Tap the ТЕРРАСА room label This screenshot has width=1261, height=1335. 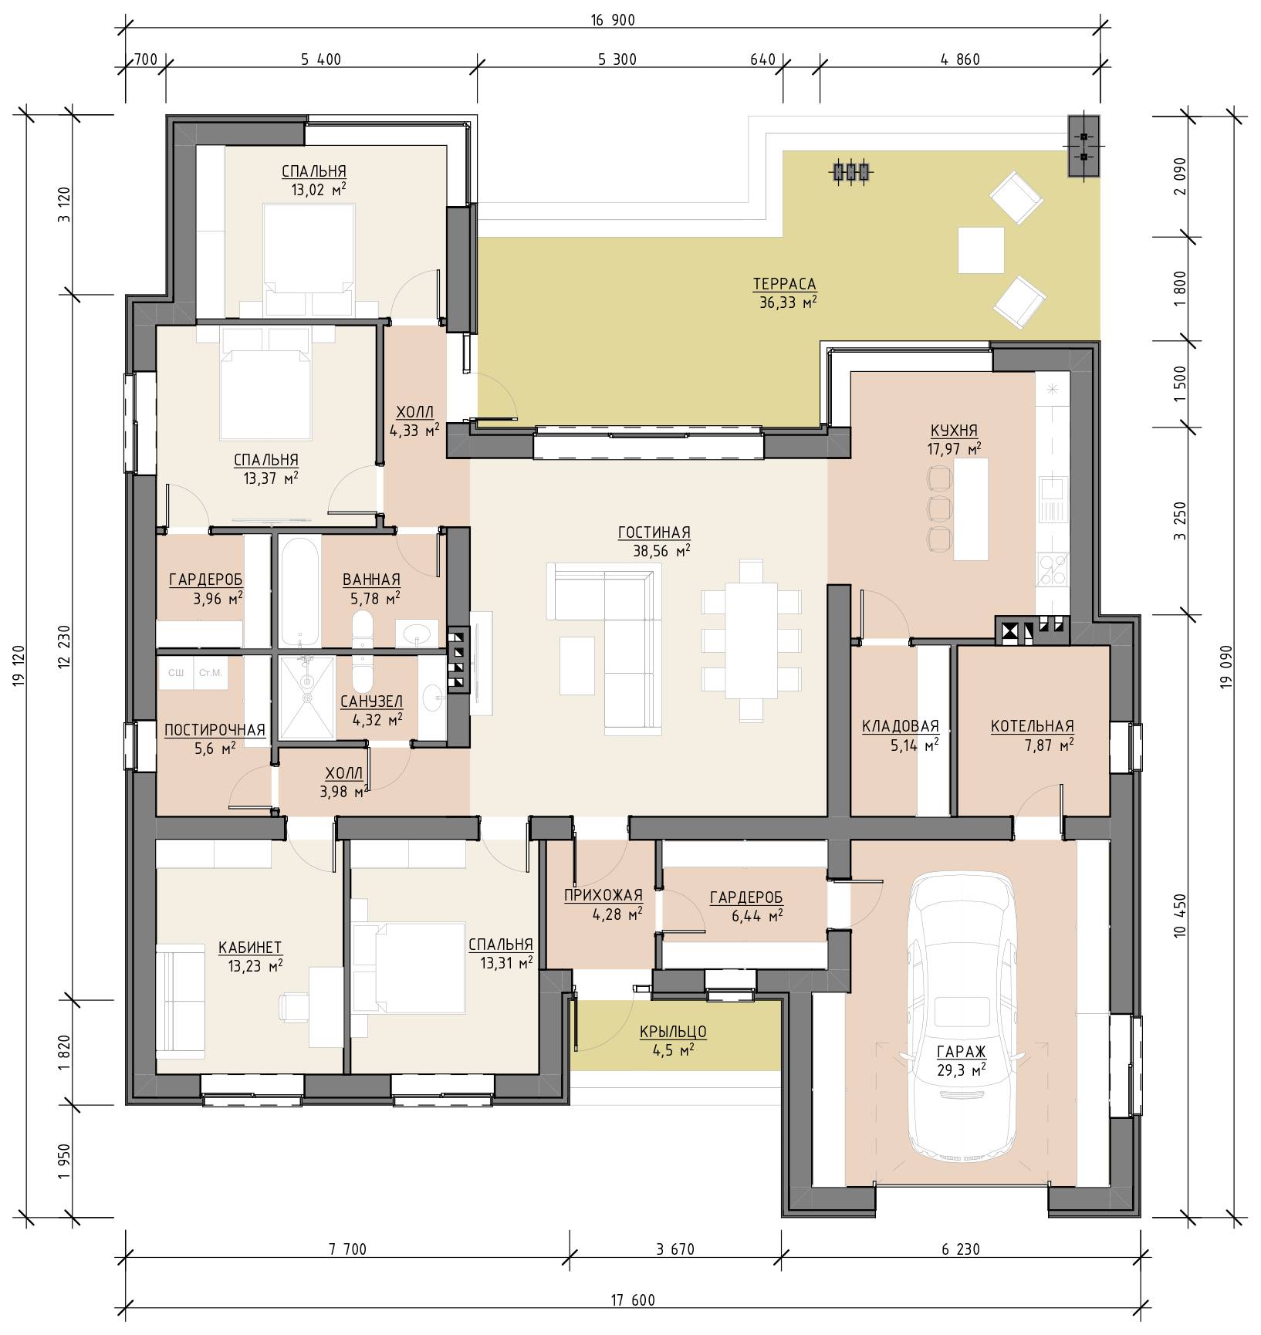pyautogui.click(x=784, y=285)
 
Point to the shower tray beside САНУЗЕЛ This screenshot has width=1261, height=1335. pyautogui.click(x=306, y=697)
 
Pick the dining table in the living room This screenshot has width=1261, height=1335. pyautogui.click(x=751, y=640)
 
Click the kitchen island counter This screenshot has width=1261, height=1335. pyautogui.click(x=971, y=509)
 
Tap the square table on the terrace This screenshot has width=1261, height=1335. pyautogui.click(x=981, y=249)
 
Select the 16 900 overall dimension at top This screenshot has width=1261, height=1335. pyautogui.click(x=613, y=21)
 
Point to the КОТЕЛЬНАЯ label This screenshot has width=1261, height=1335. pyautogui.click(x=1032, y=726)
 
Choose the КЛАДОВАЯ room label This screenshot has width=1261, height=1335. pyautogui.click(x=900, y=726)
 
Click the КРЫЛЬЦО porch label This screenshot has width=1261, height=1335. pyautogui.click(x=673, y=1032)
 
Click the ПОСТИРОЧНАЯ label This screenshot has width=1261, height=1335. pyautogui.click(x=215, y=730)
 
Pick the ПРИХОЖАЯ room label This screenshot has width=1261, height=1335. pyautogui.click(x=603, y=895)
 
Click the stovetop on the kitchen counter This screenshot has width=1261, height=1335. pyautogui.click(x=1053, y=569)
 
